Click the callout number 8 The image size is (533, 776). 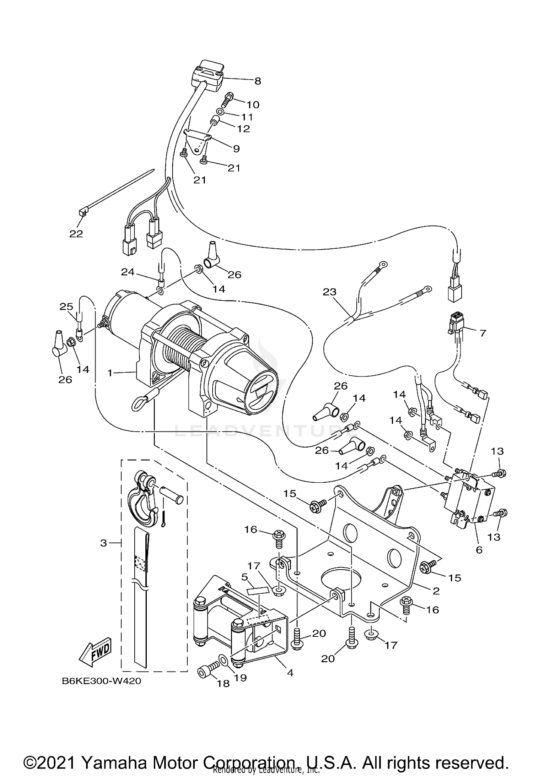point(258,81)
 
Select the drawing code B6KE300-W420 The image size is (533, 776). point(101,681)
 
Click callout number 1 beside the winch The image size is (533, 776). point(110,373)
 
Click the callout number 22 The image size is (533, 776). point(76,234)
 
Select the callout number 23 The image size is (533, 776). point(329,292)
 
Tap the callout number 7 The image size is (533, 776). point(483,333)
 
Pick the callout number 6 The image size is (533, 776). point(479,550)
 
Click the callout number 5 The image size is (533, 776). point(244,577)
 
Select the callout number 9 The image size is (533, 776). point(236,148)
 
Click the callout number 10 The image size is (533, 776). point(253,104)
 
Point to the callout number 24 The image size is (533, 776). point(128,272)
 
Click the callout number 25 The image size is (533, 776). point(66,306)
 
